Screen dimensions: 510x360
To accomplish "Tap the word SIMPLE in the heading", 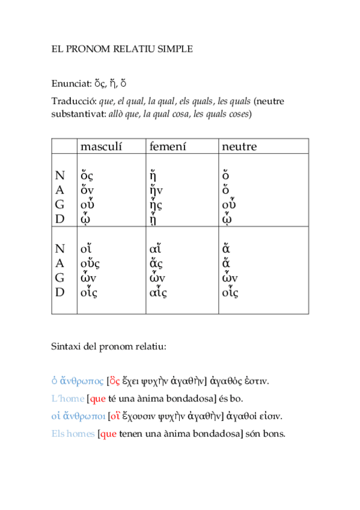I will click(173, 49).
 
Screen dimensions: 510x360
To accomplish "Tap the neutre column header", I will click(239, 147).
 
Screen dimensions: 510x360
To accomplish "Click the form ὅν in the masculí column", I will click(87, 190).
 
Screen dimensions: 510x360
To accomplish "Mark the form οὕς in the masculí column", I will click(90, 263).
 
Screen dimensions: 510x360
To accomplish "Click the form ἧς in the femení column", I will click(155, 205).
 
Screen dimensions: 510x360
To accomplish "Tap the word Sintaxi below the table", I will click(67, 347).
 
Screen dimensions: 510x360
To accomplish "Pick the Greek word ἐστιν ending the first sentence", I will click(257, 381).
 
